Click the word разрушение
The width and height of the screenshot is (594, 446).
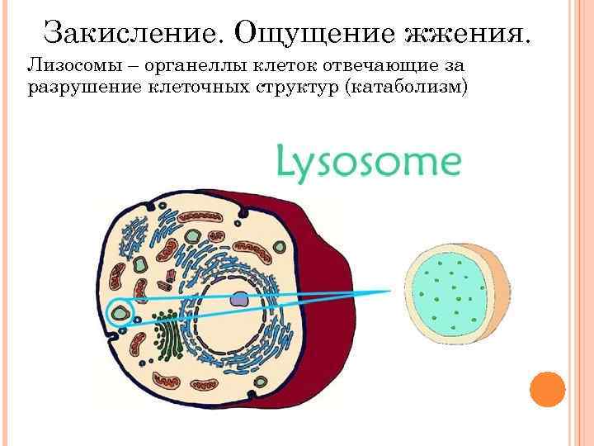pyautogui.click(x=78, y=86)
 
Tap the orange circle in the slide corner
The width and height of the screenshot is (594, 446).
pyautogui.click(x=546, y=388)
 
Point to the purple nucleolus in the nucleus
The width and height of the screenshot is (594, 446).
pyautogui.click(x=239, y=301)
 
